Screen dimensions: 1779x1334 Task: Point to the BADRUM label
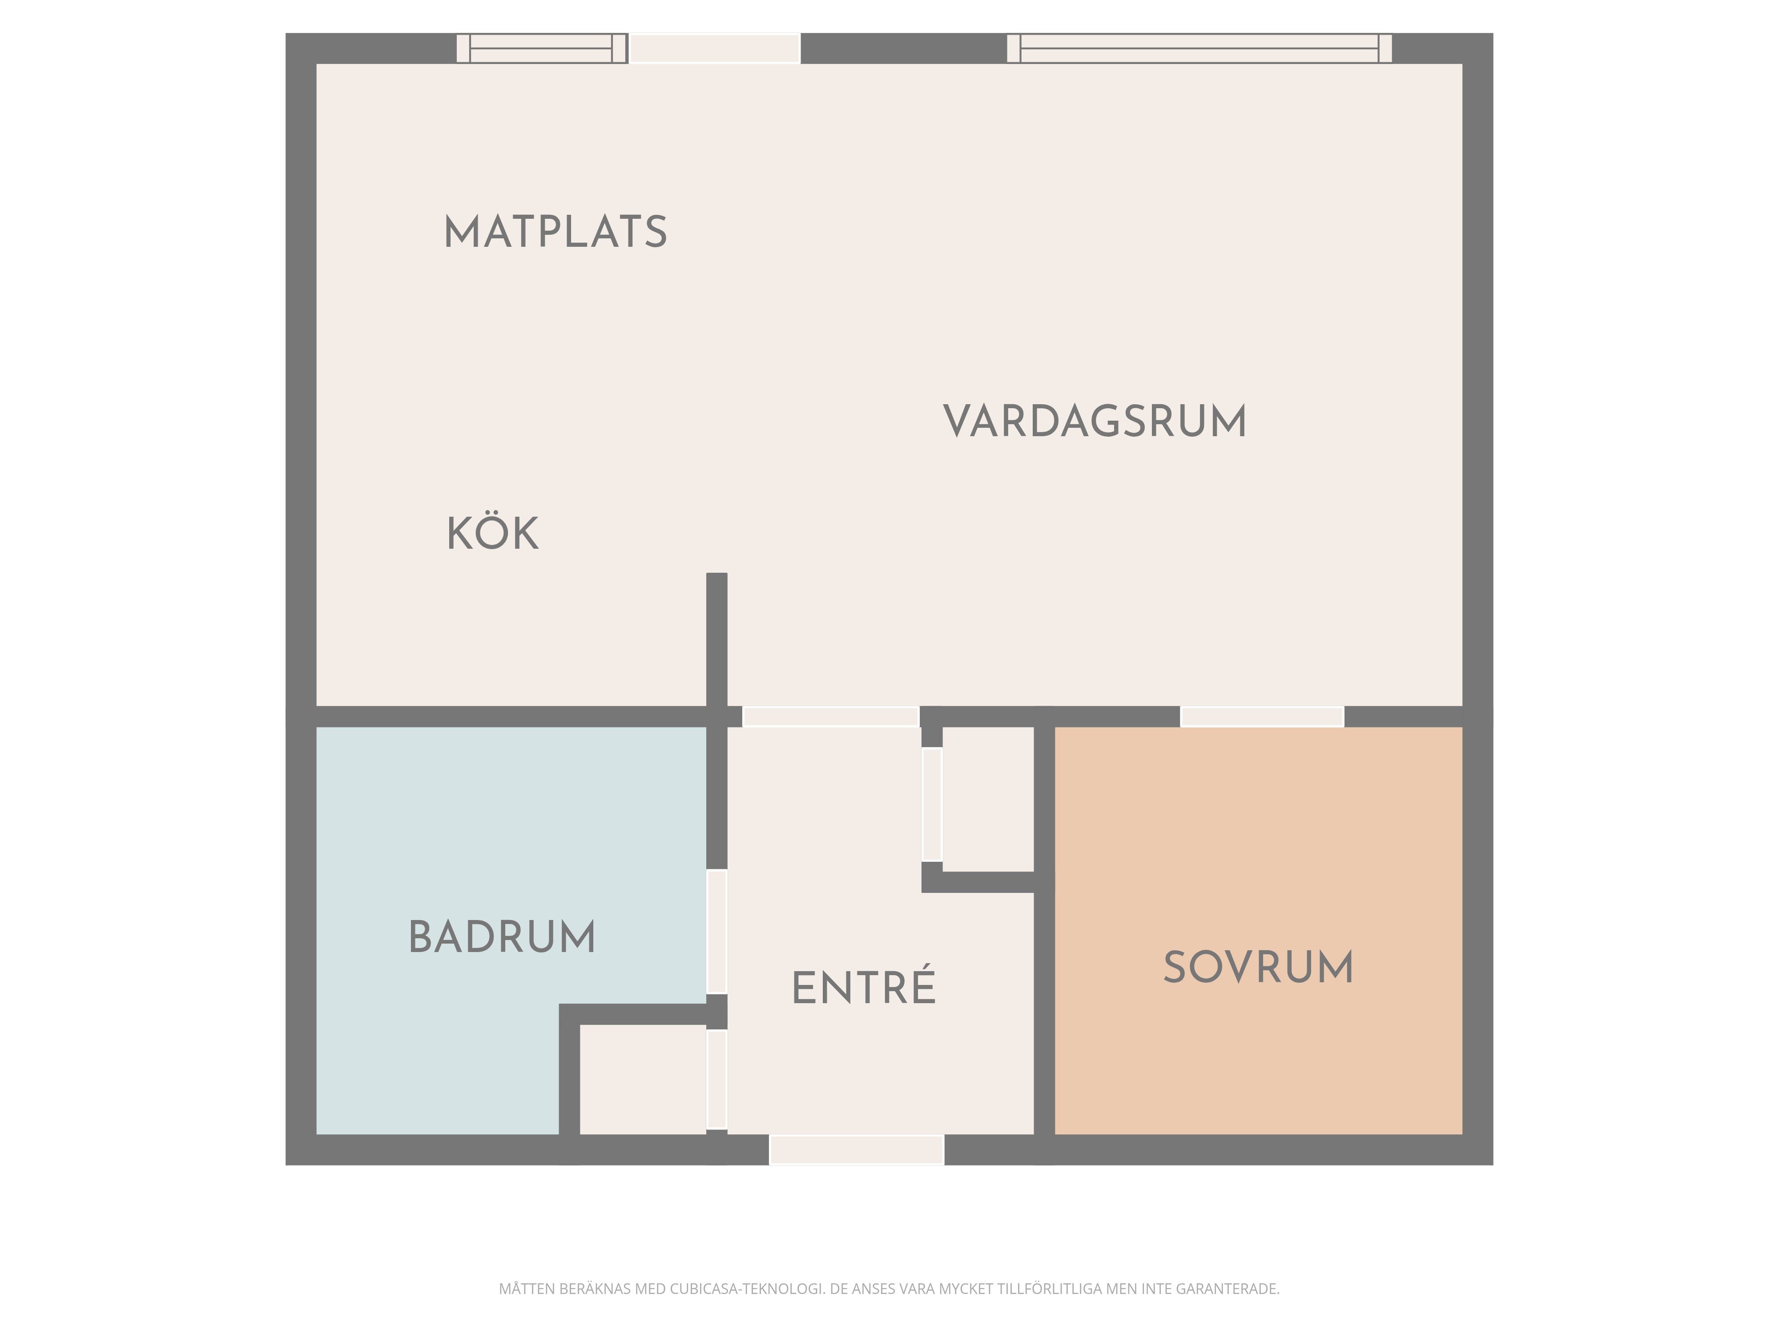tap(502, 937)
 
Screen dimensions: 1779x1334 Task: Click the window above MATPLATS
tap(542, 48)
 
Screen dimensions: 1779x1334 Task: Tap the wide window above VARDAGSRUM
tap(1199, 48)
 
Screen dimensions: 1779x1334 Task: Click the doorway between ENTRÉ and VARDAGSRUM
tap(831, 716)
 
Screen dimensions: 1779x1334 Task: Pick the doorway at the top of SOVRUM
tap(1262, 716)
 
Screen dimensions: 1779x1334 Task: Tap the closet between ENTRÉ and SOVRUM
tap(988, 799)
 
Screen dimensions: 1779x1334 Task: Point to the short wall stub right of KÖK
tap(716, 639)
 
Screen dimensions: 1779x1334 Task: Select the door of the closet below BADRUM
tap(716, 1080)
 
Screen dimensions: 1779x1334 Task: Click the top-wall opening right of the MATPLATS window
tap(714, 48)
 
